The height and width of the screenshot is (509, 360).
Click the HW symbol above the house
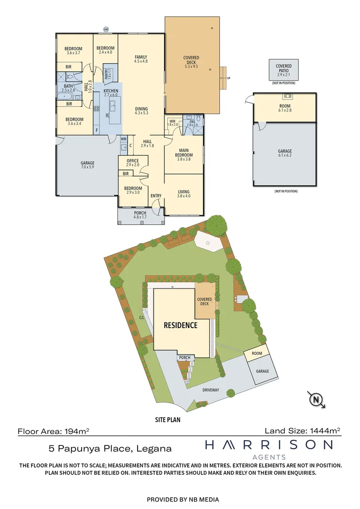(x=106, y=29)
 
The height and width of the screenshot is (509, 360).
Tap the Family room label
(x=141, y=57)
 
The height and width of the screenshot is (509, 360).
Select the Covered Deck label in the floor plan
(x=192, y=60)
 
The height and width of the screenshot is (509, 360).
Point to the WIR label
(x=172, y=121)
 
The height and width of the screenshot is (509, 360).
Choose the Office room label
(x=132, y=161)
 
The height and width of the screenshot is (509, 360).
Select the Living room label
(x=184, y=190)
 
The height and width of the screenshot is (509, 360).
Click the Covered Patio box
(x=284, y=68)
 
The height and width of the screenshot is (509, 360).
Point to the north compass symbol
(x=317, y=400)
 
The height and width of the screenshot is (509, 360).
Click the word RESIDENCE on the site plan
(x=180, y=325)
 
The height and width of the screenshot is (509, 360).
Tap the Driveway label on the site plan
(x=211, y=390)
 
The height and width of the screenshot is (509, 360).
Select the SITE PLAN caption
(x=168, y=419)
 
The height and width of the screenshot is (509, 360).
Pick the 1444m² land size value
(x=324, y=430)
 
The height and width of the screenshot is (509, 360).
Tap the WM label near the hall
(x=123, y=139)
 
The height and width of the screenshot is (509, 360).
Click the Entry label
(x=156, y=196)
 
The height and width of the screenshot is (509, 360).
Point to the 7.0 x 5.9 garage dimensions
(x=88, y=168)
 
